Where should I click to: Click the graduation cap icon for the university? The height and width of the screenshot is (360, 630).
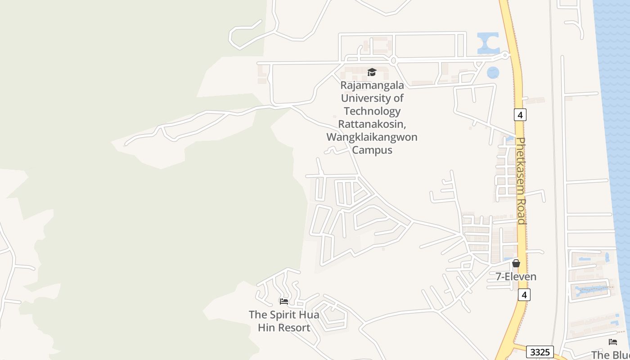click(x=372, y=72)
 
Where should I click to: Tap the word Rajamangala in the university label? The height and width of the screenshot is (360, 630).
click(x=372, y=85)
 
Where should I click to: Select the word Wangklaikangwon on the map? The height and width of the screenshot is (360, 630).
click(x=372, y=137)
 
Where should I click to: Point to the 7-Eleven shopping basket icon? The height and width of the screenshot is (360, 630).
click(x=516, y=263)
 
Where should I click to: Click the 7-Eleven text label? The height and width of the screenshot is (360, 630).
click(x=516, y=276)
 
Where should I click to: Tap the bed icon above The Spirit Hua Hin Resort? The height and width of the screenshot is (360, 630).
click(x=283, y=301)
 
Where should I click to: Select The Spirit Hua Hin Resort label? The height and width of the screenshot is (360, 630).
click(x=284, y=321)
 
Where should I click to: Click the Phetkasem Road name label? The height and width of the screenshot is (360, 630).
click(x=521, y=180)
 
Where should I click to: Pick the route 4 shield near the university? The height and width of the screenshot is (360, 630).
click(x=520, y=115)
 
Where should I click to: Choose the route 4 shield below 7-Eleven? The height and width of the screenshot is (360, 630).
click(x=524, y=295)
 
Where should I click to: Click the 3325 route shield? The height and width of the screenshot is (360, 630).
click(x=540, y=352)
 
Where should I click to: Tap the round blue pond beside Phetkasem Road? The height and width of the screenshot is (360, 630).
click(x=493, y=72)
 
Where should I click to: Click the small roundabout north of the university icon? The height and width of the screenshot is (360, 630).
click(x=393, y=60)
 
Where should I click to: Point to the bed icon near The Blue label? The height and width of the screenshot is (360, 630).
click(x=612, y=342)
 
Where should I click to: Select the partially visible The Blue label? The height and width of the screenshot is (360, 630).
click(x=610, y=355)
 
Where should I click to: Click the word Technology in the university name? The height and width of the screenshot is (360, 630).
click(x=372, y=111)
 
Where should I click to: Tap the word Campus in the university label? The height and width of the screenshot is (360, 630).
click(x=372, y=150)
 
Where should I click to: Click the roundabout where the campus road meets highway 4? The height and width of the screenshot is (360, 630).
click(x=505, y=55)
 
